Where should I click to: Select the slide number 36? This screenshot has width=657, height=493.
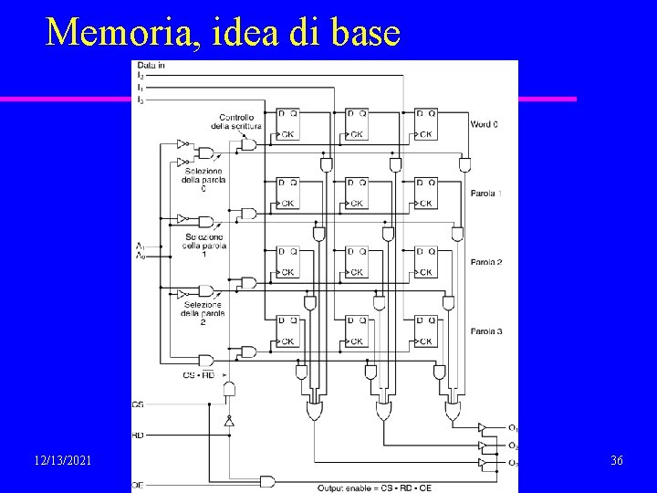[x=616, y=461]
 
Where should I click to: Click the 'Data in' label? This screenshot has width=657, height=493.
[x=151, y=66]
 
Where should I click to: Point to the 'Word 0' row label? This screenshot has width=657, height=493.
[x=485, y=124]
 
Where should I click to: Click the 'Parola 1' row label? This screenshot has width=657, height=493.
[x=486, y=194]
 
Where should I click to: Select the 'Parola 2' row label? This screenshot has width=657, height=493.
[x=486, y=263]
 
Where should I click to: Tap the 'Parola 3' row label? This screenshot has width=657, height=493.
[x=486, y=330]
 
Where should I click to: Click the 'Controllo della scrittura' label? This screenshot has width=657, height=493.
[x=241, y=121]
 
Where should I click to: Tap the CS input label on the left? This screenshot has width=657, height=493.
[x=138, y=404]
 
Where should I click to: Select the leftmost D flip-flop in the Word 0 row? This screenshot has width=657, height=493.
[x=288, y=124]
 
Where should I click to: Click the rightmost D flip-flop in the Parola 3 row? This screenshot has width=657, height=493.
[x=425, y=330]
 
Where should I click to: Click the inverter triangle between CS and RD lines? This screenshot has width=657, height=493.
[x=229, y=423]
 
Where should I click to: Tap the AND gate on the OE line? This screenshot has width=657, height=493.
[x=267, y=480]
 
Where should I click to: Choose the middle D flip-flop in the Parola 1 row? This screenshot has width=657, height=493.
[x=358, y=193]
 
